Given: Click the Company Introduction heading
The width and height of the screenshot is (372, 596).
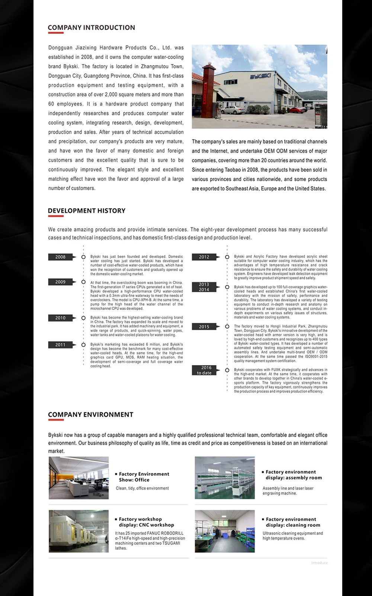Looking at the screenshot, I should tap(91, 27).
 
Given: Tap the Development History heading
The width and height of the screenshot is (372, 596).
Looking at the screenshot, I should tap(86, 211).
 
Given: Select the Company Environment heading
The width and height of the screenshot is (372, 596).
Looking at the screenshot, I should tap(90, 415).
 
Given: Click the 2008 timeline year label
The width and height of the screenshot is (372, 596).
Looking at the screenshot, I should tap(61, 257).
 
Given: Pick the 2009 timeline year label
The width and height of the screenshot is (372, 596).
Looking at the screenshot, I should tap(61, 282).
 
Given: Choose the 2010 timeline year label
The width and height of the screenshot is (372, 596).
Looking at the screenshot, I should tap(61, 318).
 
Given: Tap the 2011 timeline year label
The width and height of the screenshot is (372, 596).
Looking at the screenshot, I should tap(61, 345).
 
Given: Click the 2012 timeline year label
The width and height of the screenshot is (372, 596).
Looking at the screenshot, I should tap(204, 257).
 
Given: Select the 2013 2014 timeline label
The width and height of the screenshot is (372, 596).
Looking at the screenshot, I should tap(204, 287).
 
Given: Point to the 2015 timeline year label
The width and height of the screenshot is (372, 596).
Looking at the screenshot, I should tap(204, 327).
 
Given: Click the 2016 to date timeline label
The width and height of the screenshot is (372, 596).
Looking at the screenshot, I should tap(204, 370).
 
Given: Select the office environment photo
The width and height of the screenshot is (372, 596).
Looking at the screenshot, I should tap(78, 478).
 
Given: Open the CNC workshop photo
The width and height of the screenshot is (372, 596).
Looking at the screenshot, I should tap(78, 531).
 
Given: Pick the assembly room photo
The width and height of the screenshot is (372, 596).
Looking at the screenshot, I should tap(225, 478).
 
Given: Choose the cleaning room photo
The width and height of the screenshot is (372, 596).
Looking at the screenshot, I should tap(225, 531).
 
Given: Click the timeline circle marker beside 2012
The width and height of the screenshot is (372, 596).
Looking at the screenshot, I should tap(227, 257).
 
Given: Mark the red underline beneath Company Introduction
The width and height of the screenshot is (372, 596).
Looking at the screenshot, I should tap(56, 33).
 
